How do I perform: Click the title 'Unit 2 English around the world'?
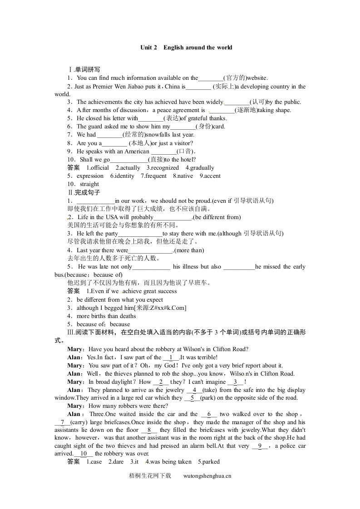click(186, 47)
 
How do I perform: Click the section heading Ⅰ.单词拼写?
click(84, 69)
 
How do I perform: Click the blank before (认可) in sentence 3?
click(237, 102)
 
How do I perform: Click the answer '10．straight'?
click(83, 184)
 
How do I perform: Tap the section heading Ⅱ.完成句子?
click(84, 192)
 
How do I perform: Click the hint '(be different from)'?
click(217, 217)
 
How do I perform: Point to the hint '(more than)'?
click(189, 250)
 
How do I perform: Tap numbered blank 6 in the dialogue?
click(209, 414)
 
